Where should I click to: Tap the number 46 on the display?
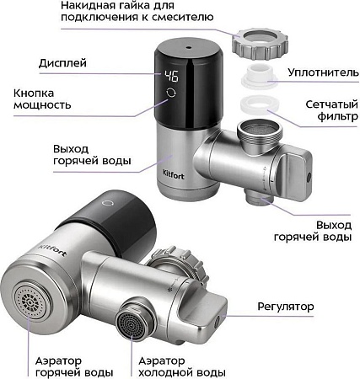172,75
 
